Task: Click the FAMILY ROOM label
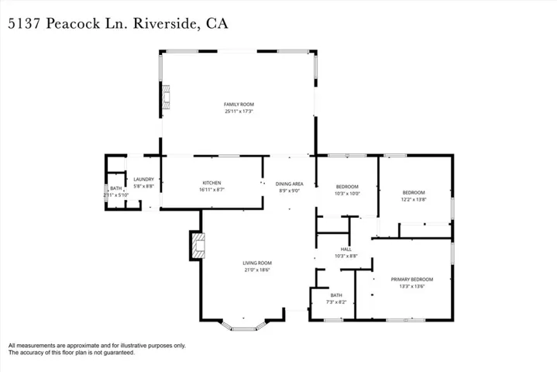pos(239,104)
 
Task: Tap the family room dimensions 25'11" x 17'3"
pos(239,111)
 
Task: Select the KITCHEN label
pos(212,182)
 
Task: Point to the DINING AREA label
pos(291,184)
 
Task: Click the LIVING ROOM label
pos(256,263)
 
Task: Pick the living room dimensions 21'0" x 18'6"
pos(256,270)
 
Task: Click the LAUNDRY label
pos(144,179)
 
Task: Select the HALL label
pos(346,249)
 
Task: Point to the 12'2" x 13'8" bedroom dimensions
pos(414,199)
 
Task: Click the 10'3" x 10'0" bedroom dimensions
pos(347,193)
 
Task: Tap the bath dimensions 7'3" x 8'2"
pos(335,301)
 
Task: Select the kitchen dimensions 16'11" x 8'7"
pos(212,189)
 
